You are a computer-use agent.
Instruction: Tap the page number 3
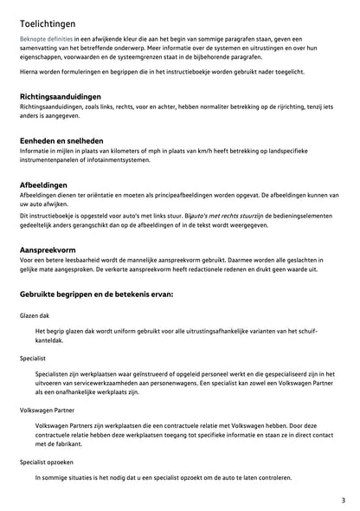[343, 500]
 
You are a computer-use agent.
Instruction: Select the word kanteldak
[52, 342]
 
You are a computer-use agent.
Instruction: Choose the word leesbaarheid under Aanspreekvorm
[87, 260]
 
